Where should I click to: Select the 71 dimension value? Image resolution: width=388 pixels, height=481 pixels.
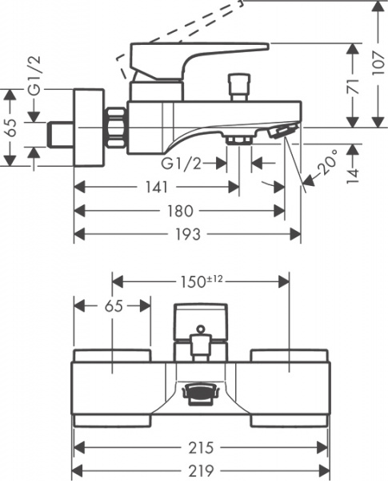click(x=353, y=86)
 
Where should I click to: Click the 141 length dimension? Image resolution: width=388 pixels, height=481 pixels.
click(x=156, y=188)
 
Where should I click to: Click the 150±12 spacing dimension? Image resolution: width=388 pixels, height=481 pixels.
click(x=200, y=281)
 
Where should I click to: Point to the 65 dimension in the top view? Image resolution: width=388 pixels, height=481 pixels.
click(x=112, y=305)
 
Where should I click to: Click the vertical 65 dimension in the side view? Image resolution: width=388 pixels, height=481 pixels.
click(x=10, y=128)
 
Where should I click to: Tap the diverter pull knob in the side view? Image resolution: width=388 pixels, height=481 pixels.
click(x=236, y=83)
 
